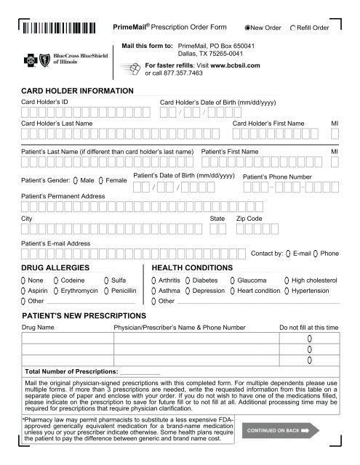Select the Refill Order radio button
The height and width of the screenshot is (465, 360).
coord(292,28)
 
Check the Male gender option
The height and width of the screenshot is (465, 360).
coord(75,179)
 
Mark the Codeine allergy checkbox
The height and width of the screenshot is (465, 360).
coord(55,280)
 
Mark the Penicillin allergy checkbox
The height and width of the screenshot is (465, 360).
coord(108,290)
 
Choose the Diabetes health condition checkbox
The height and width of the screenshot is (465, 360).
coord(187,280)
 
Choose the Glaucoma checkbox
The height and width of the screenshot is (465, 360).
coord(232,280)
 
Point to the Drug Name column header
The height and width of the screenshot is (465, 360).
coord(38,328)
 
